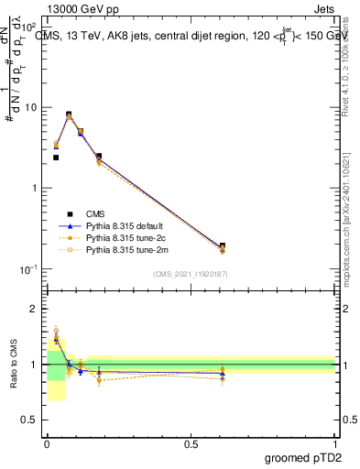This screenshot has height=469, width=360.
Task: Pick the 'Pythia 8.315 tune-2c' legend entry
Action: click(126, 236)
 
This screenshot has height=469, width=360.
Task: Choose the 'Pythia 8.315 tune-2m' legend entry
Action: click(127, 248)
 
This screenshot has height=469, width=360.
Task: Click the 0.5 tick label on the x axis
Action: click(191, 443)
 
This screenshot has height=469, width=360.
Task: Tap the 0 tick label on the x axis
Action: click(47, 443)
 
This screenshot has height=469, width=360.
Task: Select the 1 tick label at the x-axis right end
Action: click(335, 443)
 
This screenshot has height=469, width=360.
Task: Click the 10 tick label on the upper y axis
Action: click(32, 107)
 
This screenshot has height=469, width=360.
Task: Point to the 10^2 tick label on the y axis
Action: click(30, 26)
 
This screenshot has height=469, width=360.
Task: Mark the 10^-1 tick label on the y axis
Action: click(30, 268)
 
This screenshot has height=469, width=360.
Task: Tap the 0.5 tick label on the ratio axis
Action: click(32, 420)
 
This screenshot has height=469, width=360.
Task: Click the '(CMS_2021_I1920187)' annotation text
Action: click(190, 273)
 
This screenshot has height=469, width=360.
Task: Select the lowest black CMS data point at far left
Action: click(56, 158)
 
